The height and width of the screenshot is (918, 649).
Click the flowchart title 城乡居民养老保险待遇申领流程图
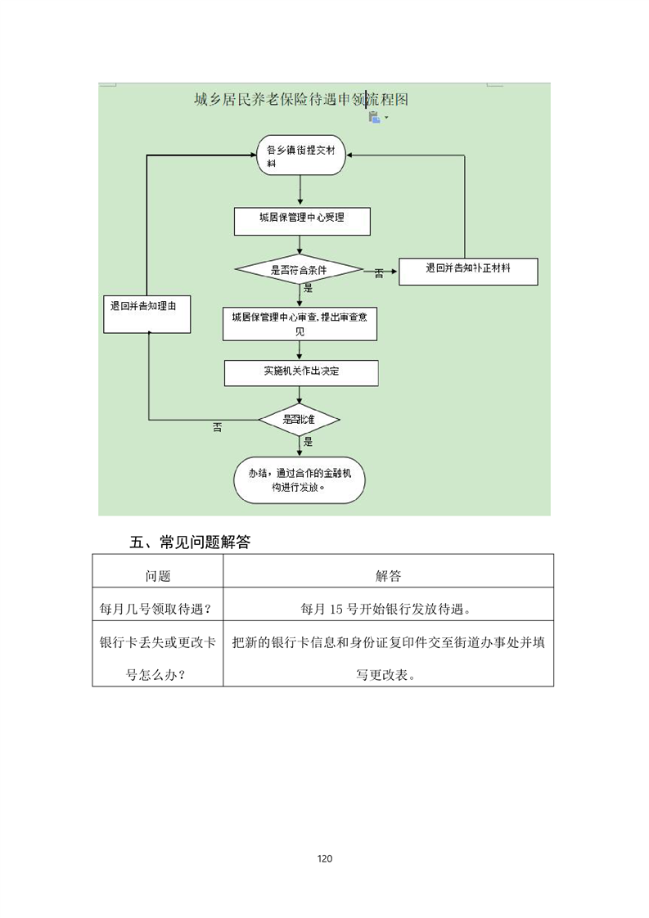(301, 100)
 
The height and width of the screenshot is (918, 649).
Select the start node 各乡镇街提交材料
(301, 155)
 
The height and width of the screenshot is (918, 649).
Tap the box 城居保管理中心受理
(302, 221)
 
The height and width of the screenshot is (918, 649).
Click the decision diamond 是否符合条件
(299, 270)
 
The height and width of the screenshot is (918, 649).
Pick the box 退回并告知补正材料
(468, 272)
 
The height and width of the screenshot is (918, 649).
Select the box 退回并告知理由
(147, 314)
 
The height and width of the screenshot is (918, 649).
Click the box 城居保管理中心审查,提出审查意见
(300, 324)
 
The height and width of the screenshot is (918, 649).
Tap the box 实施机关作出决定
(301, 373)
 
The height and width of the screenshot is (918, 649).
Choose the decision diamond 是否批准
(300, 420)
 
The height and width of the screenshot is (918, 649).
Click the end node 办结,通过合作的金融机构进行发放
(300, 480)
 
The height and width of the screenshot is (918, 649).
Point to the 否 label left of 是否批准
(218, 428)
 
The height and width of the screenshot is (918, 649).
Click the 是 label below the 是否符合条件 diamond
(308, 289)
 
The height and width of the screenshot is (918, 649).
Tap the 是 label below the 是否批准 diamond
(308, 442)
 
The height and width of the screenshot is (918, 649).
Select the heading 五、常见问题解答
(190, 542)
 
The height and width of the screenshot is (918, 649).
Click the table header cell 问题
(158, 576)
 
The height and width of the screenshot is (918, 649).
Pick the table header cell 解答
(389, 576)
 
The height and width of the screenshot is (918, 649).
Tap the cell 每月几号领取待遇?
(155, 609)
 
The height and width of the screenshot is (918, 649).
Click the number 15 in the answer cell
(336, 610)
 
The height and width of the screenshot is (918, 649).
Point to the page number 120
(324, 859)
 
